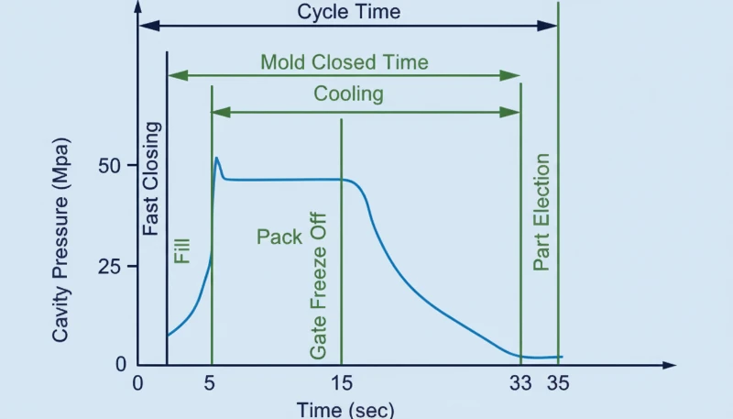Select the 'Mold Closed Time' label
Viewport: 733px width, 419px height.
[344, 62]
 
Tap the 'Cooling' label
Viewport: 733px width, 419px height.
[348, 94]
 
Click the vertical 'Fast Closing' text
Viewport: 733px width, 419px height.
[152, 179]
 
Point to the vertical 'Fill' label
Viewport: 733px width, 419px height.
[181, 251]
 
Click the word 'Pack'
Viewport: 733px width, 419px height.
[279, 237]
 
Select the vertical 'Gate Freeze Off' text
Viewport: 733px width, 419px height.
[319, 289]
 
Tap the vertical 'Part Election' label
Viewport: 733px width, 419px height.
[542, 213]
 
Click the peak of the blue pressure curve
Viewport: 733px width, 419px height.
[217, 158]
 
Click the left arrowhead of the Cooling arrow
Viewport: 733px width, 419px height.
[218, 112]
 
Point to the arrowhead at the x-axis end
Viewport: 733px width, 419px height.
[671, 365]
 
